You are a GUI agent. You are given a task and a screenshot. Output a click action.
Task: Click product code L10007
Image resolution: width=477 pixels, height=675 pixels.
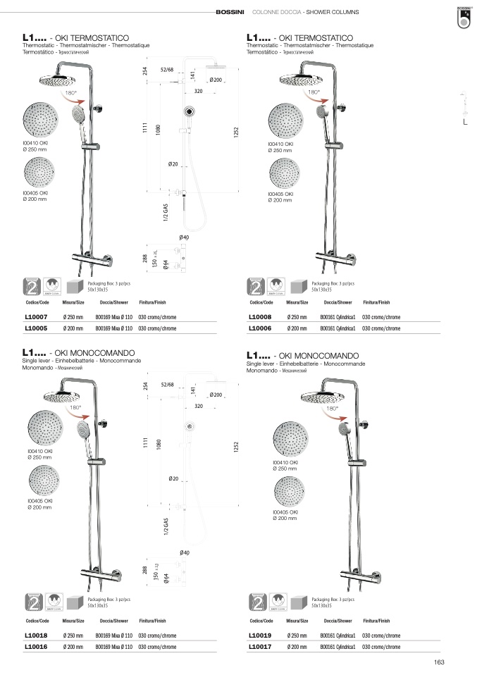tap(36, 317)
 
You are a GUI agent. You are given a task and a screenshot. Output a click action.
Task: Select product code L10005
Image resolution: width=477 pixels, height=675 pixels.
tap(36, 328)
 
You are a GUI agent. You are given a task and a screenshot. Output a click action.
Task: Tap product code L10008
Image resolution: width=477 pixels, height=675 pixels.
tap(260, 317)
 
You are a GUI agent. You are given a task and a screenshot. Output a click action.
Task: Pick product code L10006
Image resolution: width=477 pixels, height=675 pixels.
tap(260, 328)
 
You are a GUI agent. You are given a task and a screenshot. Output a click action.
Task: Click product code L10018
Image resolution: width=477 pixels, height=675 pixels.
tap(36, 635)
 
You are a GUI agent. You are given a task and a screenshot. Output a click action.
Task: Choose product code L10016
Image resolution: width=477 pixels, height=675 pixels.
tap(36, 646)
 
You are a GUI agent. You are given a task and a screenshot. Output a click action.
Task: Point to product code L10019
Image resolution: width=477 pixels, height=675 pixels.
tap(260, 635)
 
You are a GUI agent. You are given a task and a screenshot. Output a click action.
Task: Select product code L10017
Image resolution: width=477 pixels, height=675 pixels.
tap(260, 646)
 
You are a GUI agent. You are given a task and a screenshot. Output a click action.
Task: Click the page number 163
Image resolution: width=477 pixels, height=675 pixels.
tap(439, 662)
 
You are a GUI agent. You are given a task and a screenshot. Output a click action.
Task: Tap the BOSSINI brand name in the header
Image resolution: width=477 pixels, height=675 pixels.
tap(230, 13)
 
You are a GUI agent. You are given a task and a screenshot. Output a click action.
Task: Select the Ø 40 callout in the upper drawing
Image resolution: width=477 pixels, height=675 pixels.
tap(184, 237)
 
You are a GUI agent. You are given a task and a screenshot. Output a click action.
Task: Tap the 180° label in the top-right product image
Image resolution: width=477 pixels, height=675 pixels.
tap(313, 92)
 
